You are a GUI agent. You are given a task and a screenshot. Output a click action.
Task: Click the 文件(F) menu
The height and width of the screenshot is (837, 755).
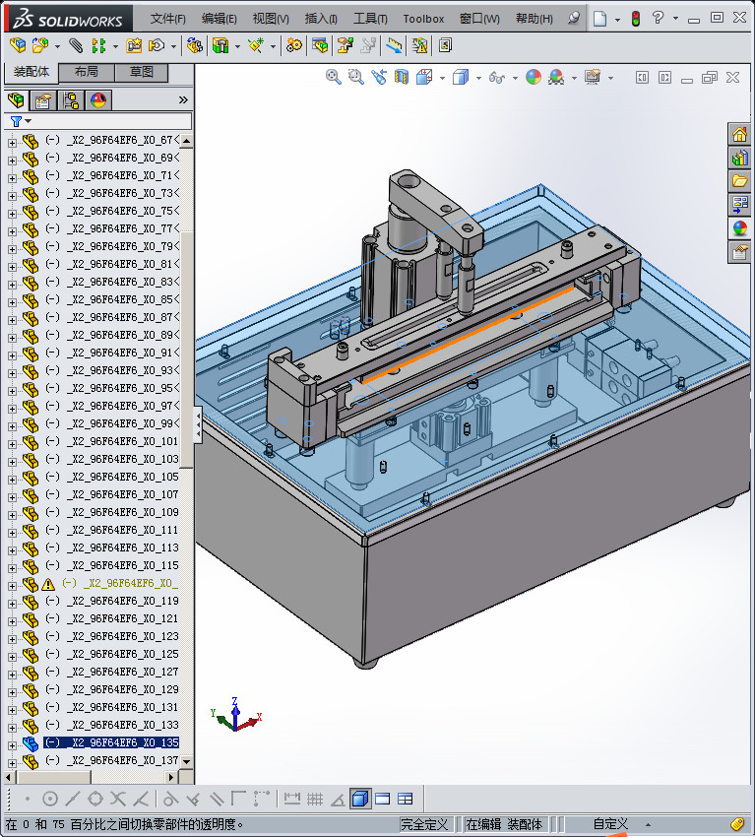pyautogui.click(x=168, y=19)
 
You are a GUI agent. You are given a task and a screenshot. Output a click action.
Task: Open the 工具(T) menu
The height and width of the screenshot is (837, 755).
pyautogui.click(x=370, y=19)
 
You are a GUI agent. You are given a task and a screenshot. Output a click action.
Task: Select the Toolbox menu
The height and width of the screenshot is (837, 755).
pyautogui.click(x=423, y=19)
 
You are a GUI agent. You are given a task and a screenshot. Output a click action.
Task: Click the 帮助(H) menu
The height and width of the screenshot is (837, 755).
pyautogui.click(x=535, y=19)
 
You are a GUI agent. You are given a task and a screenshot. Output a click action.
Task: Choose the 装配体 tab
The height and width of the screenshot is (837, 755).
pyautogui.click(x=31, y=73)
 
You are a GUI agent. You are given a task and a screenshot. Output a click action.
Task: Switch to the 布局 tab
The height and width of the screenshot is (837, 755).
pyautogui.click(x=86, y=73)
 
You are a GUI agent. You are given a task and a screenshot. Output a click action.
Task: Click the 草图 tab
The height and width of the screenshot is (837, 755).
pyautogui.click(x=141, y=73)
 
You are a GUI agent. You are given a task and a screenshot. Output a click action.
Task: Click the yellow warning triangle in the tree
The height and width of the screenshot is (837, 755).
pyautogui.click(x=48, y=584)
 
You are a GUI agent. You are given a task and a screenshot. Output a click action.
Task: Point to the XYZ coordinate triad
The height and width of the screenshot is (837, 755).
pyautogui.click(x=234, y=716)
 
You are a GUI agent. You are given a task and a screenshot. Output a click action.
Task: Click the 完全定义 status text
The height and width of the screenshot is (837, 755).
pyautogui.click(x=424, y=824)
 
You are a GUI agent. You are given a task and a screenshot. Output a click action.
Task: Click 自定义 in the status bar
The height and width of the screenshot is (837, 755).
pyautogui.click(x=609, y=824)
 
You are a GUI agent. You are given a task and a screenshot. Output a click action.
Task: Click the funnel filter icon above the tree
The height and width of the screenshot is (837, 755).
pyautogui.click(x=16, y=121)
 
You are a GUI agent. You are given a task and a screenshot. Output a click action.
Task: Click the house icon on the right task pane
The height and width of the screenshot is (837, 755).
pyautogui.click(x=739, y=135)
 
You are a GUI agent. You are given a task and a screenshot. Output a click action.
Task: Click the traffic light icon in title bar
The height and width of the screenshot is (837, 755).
pyautogui.click(x=635, y=19)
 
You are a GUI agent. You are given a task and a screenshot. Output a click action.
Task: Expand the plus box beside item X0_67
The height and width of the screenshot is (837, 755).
pyautogui.click(x=12, y=141)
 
